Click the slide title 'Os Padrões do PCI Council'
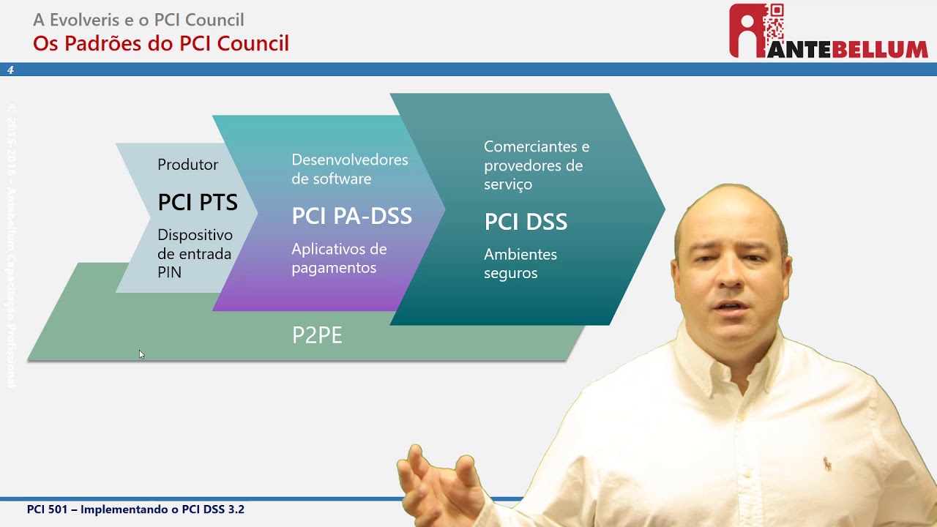coord(161,43)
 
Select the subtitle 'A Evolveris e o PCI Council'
coord(138,20)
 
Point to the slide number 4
coord(10,70)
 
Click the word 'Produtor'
coord(187,165)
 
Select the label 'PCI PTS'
coord(198,203)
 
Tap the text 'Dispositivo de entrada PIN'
coord(195,253)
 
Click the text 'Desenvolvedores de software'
coord(349,169)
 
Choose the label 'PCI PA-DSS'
coord(351,216)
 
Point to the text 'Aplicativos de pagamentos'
coord(339,258)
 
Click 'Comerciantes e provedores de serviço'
coord(536,165)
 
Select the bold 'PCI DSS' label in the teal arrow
coord(526,222)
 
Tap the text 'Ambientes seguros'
coord(520,263)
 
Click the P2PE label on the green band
coord(317,335)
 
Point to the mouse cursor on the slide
coord(141,355)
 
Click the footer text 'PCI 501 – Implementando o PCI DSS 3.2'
coord(135,509)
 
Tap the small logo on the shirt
coord(827,463)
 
